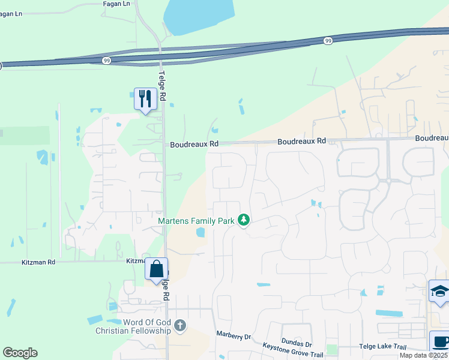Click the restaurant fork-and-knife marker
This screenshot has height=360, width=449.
coord(145,98)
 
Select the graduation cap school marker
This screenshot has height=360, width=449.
coord(440,292)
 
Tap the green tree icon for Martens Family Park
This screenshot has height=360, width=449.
coord(244,221)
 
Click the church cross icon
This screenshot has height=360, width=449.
coord(180,327)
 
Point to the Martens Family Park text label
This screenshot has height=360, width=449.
coord(196,221)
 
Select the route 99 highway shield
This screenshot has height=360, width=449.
coord(327,41)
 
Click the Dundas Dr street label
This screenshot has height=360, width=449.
coord(297,344)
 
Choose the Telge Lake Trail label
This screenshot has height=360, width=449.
coord(382,347)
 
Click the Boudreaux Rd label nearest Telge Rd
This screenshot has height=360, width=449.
coord(194,144)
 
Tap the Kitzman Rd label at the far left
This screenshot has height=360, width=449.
coord(38,262)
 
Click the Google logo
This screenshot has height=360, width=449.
coord(20,353)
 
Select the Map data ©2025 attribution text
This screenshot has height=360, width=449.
coord(423,355)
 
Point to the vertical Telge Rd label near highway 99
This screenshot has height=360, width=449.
coord(161,80)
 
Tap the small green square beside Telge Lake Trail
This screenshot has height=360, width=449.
coord(332,349)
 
